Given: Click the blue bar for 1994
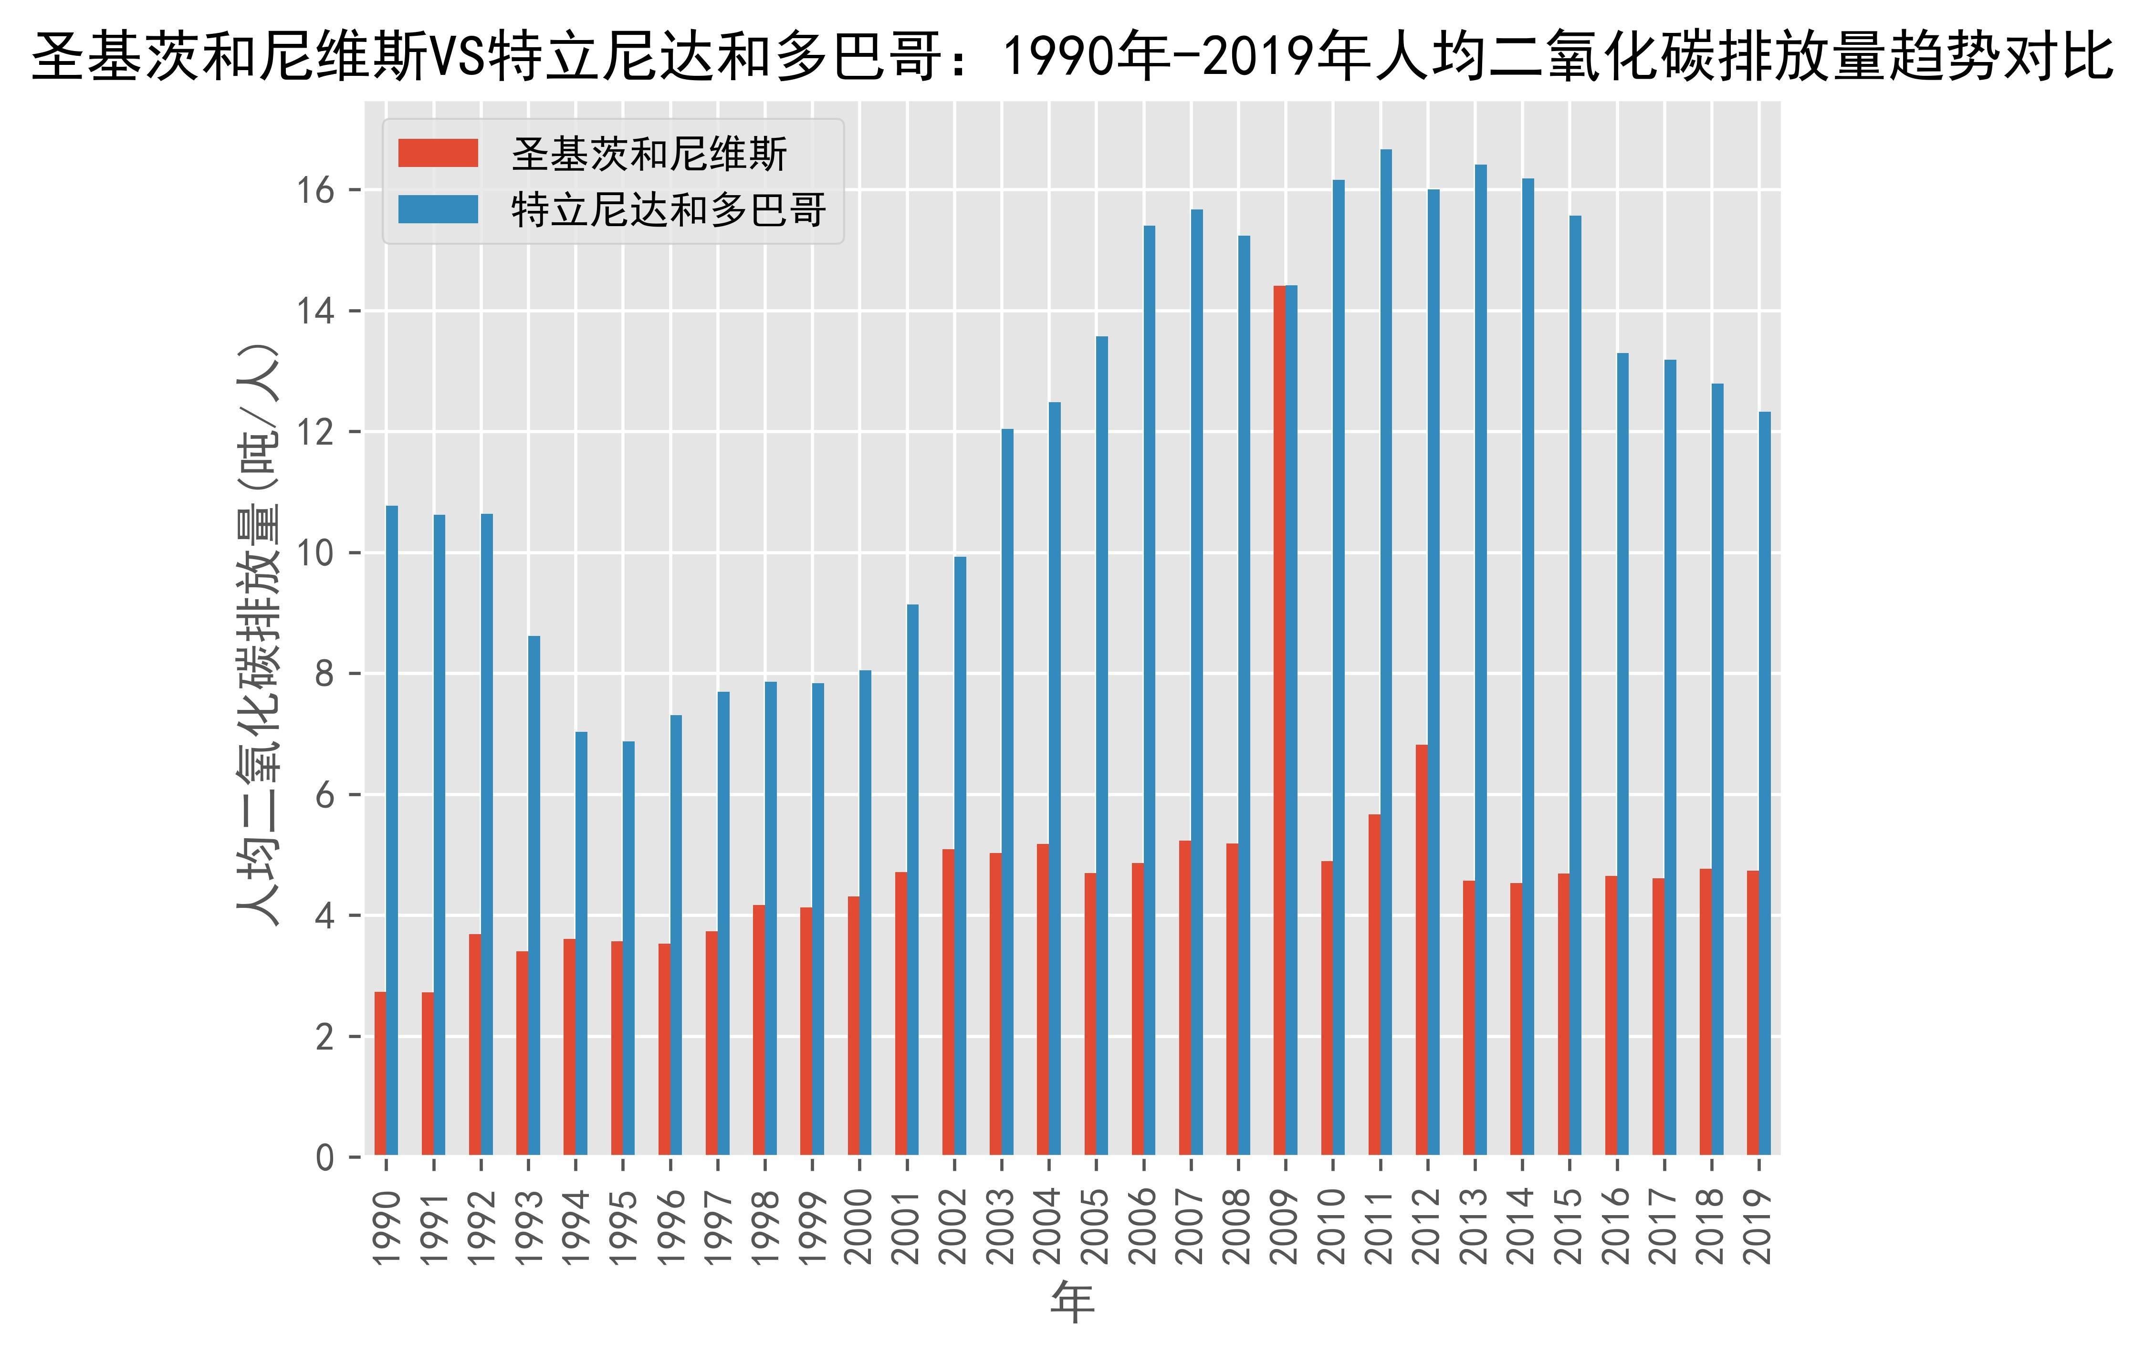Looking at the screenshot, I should click(582, 944).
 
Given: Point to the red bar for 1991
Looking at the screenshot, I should click(428, 1074).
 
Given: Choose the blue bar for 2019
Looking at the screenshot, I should click(1765, 784).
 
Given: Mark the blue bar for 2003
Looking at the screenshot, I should click(1007, 793).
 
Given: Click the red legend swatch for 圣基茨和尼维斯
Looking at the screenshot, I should click(438, 153).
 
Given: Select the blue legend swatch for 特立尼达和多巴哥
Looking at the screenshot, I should click(438, 209).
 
